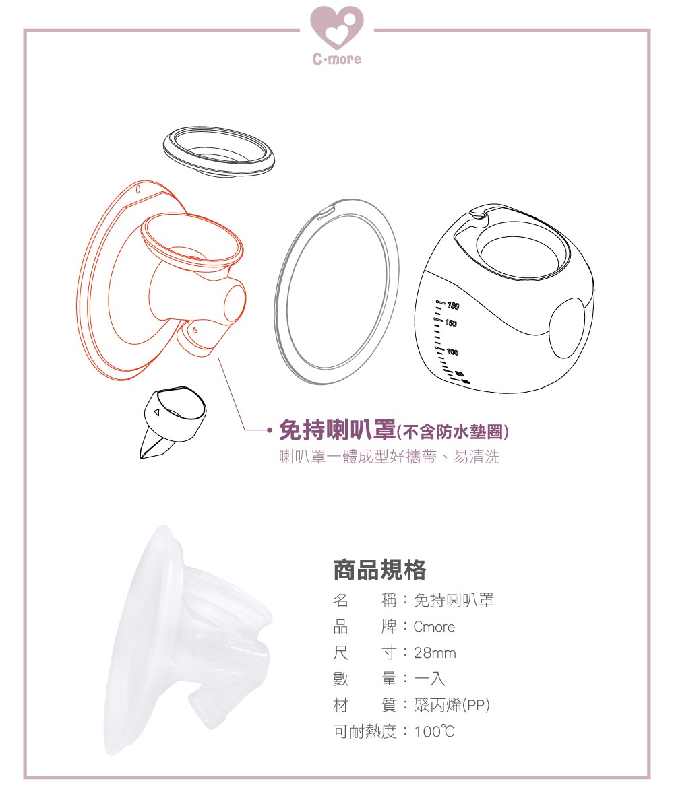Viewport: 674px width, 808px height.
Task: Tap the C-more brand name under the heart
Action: [x=336, y=59]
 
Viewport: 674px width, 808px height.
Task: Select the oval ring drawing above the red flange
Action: [x=219, y=151]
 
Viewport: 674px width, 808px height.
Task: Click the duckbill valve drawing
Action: [x=173, y=422]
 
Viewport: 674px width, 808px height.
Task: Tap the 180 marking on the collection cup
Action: [x=453, y=306]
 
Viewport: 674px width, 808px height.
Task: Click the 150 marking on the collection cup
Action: [x=450, y=323]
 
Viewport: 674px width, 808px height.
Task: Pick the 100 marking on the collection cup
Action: [x=452, y=351]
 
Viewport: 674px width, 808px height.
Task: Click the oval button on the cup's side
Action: [x=567, y=328]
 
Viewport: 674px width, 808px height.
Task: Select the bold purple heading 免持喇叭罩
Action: [x=337, y=430]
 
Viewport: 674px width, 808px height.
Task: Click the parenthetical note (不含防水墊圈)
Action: [x=452, y=432]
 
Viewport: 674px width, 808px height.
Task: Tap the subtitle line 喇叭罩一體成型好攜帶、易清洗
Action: [x=390, y=457]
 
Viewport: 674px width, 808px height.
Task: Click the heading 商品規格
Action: [x=379, y=570]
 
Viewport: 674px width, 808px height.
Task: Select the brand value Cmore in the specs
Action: [x=434, y=626]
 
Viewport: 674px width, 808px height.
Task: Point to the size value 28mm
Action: [x=435, y=653]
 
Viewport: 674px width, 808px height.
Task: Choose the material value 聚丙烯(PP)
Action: [x=452, y=705]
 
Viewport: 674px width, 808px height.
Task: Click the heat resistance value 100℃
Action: [x=434, y=731]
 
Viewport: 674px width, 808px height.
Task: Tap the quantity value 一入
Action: [x=429, y=679]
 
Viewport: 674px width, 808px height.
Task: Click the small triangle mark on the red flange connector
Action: [x=195, y=330]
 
